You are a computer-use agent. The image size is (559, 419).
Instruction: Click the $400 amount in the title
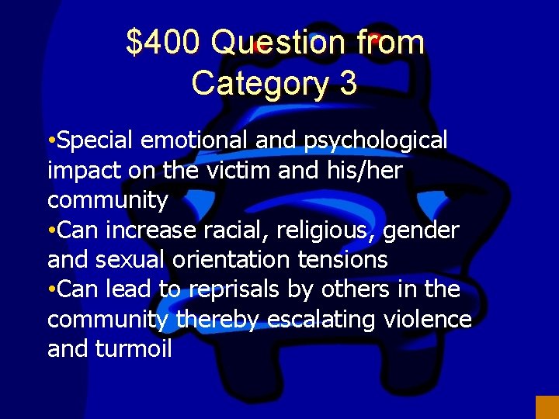click(x=163, y=43)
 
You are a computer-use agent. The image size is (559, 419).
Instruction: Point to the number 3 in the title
click(x=348, y=83)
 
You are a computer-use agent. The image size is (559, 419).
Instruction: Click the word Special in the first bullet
click(x=97, y=141)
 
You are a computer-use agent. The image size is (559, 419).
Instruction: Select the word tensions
click(x=349, y=260)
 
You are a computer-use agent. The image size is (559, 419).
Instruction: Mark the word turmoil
click(x=133, y=349)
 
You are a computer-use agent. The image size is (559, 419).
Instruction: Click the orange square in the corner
click(x=547, y=407)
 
